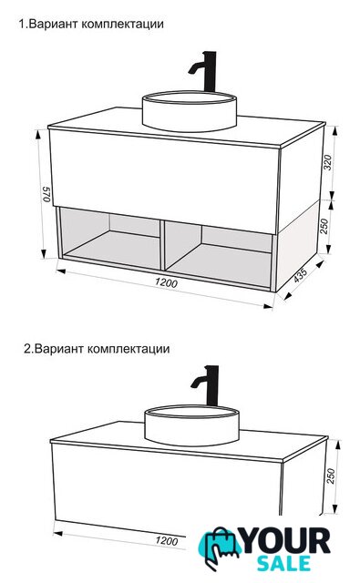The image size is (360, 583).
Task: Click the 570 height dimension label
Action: (46, 194)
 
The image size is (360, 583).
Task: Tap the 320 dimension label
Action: (327, 162)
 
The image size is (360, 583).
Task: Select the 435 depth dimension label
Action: (301, 275)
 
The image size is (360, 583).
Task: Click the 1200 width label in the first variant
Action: (167, 283)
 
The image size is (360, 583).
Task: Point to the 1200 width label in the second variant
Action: (167, 540)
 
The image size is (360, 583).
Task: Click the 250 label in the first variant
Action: (324, 226)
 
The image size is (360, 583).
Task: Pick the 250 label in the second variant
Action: (331, 476)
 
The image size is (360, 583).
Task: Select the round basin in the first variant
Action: (190, 111)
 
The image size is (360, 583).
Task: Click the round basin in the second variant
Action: (191, 425)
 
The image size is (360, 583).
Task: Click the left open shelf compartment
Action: (111, 238)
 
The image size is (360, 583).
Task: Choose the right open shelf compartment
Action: (219, 255)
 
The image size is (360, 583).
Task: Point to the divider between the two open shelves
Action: (162, 244)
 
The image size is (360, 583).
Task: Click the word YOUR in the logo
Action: (286, 541)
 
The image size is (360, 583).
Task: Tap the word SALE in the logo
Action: (284, 564)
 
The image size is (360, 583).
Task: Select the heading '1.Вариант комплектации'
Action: (91, 25)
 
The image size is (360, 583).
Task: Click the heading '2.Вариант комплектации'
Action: (97, 349)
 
